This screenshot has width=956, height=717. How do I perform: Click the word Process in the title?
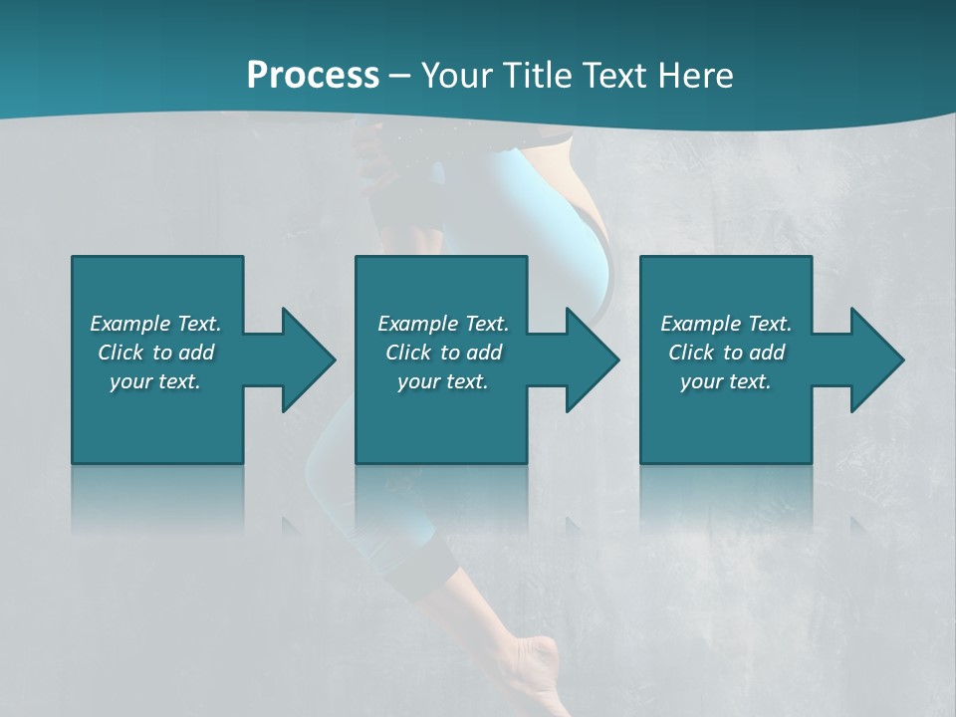coord(313,76)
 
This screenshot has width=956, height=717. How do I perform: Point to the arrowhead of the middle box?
coord(591,359)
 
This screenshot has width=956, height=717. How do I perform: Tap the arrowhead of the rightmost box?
coord(875,359)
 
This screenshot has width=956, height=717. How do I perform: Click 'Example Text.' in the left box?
coord(155,324)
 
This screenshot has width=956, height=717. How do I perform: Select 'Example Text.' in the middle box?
coord(443,324)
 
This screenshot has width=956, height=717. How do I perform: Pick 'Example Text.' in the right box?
coord(726,324)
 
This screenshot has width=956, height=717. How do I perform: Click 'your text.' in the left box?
coord(155,381)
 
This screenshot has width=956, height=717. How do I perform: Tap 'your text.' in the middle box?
coord(443,381)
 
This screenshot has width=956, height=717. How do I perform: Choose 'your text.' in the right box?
coord(726,381)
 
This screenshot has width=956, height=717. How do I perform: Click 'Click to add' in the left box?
coord(155,353)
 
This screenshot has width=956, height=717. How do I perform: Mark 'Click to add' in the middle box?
coord(443,353)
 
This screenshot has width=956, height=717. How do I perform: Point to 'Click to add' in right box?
coord(726,353)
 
